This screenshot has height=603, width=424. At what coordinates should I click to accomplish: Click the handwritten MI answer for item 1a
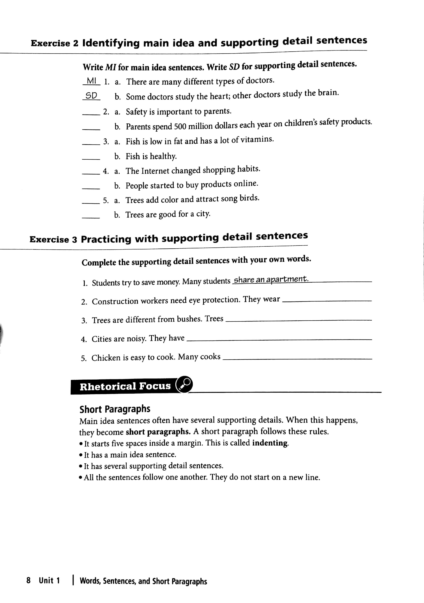point(91,81)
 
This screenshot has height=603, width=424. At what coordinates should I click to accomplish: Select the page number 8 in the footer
point(28,580)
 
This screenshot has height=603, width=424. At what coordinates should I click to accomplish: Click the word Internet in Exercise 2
point(155,171)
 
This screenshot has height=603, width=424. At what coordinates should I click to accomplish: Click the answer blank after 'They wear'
point(327,300)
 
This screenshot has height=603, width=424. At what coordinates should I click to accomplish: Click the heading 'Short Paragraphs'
point(115,409)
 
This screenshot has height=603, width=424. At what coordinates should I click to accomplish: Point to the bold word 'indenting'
point(270,443)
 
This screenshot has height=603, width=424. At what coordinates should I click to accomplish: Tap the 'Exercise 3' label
point(53,239)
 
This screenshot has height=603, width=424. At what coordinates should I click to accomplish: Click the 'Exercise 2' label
point(55,43)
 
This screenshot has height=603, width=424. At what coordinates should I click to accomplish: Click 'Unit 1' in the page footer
point(49,580)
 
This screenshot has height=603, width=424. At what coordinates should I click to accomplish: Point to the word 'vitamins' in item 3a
point(257,139)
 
